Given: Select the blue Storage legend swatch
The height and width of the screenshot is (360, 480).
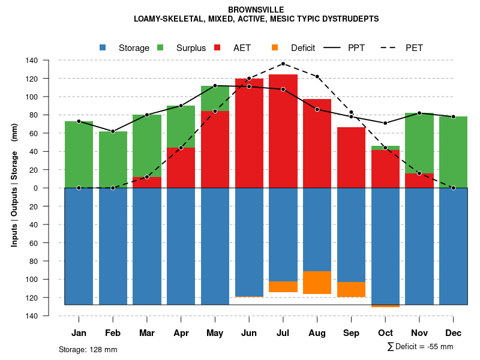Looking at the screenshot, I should [x=103, y=48].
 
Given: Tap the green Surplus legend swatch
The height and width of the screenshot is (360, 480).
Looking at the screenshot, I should [x=160, y=48].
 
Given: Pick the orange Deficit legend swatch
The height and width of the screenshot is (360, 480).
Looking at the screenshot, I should [x=275, y=48].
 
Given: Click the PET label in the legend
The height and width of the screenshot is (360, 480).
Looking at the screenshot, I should [x=414, y=48].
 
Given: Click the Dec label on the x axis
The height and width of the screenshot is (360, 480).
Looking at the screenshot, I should [x=453, y=333].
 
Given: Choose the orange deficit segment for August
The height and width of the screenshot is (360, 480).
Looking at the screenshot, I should [x=317, y=283].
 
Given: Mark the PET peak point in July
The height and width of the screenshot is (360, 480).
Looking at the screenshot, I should [x=283, y=64].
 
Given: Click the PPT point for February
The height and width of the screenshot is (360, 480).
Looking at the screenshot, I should [x=113, y=131].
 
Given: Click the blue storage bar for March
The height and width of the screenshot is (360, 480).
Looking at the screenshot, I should [x=146, y=246].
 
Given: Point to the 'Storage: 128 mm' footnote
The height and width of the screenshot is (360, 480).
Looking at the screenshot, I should [x=88, y=349].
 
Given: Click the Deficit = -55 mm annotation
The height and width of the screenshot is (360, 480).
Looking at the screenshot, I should [x=420, y=347].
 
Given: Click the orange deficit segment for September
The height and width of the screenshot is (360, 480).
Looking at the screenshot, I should [x=351, y=289].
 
